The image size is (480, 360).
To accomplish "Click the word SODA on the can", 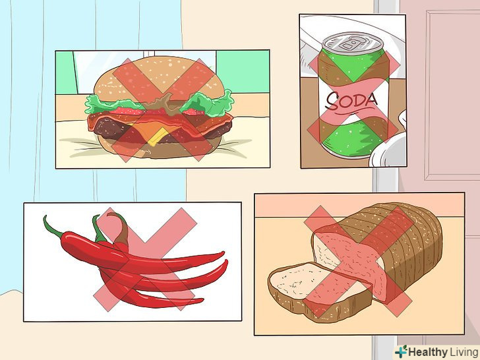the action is [351, 101].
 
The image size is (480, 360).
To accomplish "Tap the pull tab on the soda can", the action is [350, 44].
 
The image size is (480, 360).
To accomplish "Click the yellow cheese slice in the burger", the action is [158, 136].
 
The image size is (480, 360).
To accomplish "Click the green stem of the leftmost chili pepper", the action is [53, 227].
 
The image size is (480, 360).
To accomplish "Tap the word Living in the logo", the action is [463, 351].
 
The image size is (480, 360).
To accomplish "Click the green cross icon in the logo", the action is [401, 351].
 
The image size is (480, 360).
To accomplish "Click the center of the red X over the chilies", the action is [144, 259].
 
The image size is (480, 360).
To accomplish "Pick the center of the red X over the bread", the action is [358, 261].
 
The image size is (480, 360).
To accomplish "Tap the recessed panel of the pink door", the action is [452, 95].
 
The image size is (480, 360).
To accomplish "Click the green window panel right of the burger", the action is [243, 72].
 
